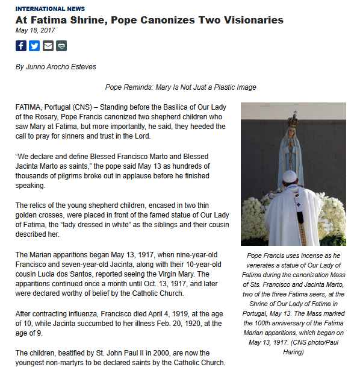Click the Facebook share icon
point(21,46)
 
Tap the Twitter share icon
point(34,46)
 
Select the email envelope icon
point(48,46)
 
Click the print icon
point(61,46)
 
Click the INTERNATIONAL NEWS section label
point(50,9)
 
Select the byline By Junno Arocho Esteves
point(55,67)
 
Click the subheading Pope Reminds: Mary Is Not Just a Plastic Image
point(181,87)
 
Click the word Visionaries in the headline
point(251,20)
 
